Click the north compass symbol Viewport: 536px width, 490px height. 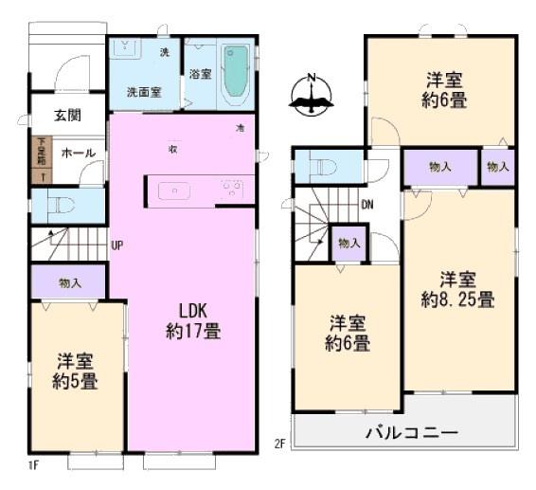point(313,96)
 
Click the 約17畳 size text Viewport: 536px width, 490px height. point(193,332)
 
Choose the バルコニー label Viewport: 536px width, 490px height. point(412,433)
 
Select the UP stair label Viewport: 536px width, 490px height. point(116,245)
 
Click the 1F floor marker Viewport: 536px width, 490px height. point(33,464)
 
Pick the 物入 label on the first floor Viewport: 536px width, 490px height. point(70,281)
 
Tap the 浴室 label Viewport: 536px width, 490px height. point(200,73)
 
